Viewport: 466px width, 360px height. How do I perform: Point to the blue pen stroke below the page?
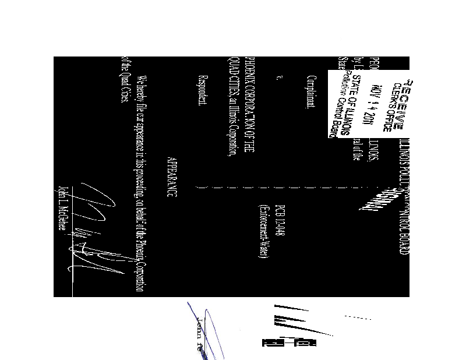tap(210, 332)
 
